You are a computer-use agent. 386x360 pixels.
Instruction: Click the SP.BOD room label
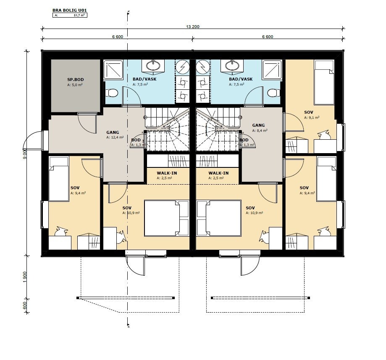pos(75,79)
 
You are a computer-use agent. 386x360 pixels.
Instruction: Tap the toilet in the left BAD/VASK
pos(113,94)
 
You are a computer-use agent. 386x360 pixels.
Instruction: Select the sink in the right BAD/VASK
pos(232,66)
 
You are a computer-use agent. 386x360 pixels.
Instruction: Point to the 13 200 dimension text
pos(192,26)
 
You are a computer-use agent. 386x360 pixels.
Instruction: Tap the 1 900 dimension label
pos(24,277)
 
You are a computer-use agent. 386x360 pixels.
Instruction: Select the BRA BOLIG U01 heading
pos(69,10)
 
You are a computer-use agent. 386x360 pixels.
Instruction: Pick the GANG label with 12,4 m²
pos(113,132)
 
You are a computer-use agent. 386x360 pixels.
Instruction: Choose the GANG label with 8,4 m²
pos(258,125)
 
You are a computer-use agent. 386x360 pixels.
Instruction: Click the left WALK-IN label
pos(167,173)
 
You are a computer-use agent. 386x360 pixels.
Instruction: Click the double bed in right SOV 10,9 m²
pos(219,218)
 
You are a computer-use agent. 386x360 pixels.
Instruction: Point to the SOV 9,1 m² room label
pos(308,112)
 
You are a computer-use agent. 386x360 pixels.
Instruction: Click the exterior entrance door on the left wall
pos(34,140)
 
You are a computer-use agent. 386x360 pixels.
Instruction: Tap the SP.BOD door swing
pos(87,123)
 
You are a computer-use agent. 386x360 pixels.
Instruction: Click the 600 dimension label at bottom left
pos(24,306)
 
